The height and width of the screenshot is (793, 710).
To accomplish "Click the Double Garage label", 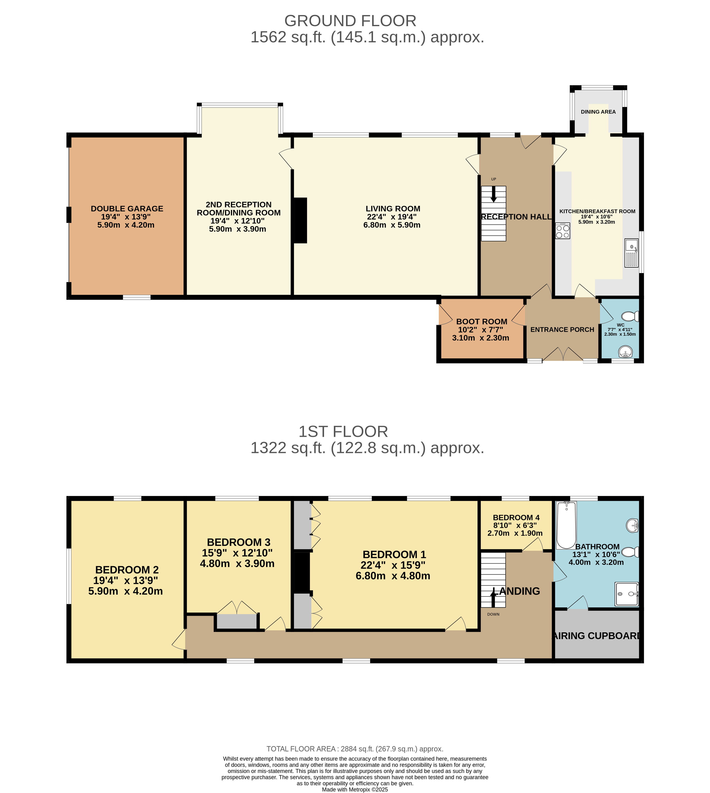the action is coord(127,209).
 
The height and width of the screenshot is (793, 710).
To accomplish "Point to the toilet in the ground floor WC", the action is coord(630,316).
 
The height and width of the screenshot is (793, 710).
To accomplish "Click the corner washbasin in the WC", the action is coord(626,352).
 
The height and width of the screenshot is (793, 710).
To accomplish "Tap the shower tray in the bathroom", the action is coord(627,594).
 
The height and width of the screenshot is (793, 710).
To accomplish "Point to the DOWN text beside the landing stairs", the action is coord(493,614).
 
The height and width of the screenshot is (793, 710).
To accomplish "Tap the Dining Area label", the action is coord(598,112).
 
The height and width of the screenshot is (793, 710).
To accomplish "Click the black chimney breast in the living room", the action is coord(300,221).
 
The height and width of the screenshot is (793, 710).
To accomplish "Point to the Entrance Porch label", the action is coord(562,330).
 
